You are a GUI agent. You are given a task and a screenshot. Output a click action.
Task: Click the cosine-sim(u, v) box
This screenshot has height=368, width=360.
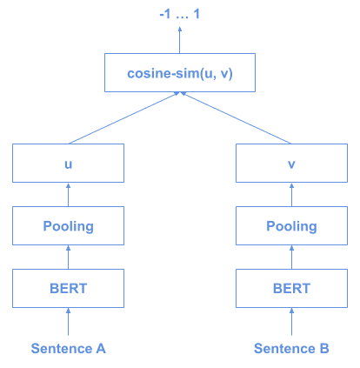180,73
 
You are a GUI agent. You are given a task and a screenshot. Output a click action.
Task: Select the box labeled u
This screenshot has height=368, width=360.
68,163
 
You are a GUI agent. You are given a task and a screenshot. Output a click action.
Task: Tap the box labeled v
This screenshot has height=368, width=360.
291,163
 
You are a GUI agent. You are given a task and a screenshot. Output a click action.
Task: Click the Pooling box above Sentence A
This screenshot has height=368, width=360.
68,226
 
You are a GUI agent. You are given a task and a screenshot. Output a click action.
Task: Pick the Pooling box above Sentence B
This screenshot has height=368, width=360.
291,226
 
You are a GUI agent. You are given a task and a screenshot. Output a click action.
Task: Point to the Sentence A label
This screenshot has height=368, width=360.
68,349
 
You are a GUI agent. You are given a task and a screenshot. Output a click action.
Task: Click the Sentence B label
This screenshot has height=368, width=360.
291,349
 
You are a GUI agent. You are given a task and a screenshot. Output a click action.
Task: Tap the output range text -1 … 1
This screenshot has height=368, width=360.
179,15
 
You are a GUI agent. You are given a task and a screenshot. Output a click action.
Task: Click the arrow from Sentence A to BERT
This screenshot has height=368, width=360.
68,324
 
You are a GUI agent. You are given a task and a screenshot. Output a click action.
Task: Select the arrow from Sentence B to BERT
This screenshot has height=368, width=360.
291,324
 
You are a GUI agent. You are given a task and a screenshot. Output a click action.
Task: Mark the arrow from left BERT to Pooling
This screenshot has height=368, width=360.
68,258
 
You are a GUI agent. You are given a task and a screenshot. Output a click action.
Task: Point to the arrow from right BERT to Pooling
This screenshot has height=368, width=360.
291,258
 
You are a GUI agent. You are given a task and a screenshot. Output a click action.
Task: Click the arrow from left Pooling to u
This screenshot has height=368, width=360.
68,195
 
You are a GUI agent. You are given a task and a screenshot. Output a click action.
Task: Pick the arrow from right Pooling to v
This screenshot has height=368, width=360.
291,195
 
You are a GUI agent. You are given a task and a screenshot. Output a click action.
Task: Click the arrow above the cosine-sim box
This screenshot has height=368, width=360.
180,40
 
